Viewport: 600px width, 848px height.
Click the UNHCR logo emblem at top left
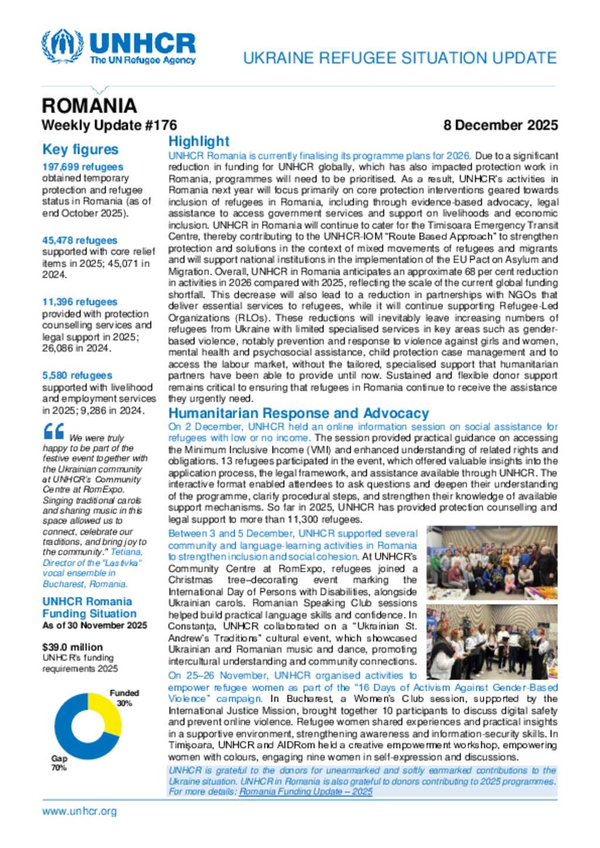62,46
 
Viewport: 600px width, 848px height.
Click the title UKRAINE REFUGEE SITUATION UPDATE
400,58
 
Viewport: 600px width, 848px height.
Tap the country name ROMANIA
89,105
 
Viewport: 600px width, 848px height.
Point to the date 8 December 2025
500,125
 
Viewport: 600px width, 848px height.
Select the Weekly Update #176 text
109,125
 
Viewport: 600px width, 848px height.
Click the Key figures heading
80,150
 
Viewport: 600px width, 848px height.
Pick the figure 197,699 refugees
83,167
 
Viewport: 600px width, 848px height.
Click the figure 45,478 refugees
80,241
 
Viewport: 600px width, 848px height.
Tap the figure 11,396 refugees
80,302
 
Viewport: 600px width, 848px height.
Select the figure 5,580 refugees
77,375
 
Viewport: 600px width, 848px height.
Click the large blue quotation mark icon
53,432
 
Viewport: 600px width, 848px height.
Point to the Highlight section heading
199,141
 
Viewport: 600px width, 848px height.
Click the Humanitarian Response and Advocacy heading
299,413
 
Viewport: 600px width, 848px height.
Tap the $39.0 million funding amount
73,647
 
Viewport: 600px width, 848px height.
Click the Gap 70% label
59,763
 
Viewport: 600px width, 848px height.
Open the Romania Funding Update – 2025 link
305,792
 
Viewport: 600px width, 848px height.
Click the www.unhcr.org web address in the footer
79,811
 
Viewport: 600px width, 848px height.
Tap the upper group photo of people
492,562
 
